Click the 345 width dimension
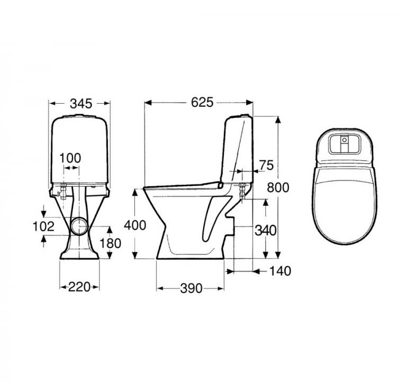coord(81,104)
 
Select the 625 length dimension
coord(202,102)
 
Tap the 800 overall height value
coord(278,188)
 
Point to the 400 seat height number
coord(134,225)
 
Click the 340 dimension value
coord(265,230)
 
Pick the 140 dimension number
coord(280,271)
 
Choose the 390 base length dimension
coord(191,288)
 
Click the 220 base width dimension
coord(79,287)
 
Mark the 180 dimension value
coord(110,243)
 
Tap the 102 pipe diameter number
coord(43,226)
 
